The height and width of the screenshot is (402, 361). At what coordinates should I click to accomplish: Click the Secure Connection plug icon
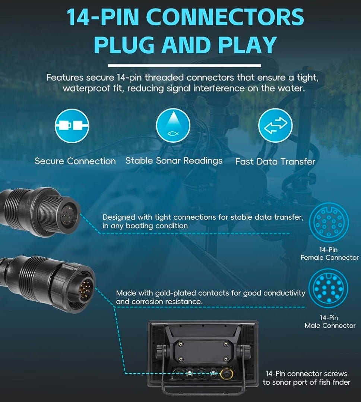[72, 126]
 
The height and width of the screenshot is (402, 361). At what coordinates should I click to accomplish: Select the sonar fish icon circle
[173, 125]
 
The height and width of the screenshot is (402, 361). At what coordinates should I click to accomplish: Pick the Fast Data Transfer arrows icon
[275, 125]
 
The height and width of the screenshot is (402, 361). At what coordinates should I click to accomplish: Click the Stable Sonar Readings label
[174, 161]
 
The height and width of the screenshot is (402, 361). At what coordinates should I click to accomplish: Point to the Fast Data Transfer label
[275, 161]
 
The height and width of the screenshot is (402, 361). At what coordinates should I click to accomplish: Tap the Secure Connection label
[75, 161]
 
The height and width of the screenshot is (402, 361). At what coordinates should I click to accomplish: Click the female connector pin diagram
[329, 223]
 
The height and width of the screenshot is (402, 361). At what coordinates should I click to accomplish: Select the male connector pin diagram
[328, 288]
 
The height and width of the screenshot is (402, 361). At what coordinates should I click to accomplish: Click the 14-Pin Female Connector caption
[329, 254]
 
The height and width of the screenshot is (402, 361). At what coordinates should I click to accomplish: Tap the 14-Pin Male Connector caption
[330, 322]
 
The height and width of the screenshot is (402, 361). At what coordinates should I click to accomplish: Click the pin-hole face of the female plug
[67, 215]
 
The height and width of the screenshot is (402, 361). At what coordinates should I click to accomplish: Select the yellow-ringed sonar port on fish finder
[227, 374]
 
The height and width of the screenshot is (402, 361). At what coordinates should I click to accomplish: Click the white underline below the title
[184, 66]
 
